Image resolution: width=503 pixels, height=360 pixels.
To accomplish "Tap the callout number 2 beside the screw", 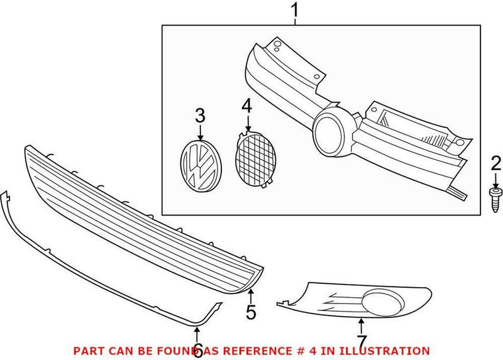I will (496, 165).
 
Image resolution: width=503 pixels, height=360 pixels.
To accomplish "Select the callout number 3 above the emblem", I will (200, 116).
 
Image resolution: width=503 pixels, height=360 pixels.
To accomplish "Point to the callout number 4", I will (246, 106).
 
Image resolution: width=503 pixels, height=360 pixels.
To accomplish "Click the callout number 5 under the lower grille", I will (251, 312).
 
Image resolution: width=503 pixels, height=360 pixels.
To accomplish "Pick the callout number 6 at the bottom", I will (197, 348).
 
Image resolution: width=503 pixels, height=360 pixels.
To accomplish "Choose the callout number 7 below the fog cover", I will (361, 342).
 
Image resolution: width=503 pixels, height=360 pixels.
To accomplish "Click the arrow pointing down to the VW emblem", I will (200, 132).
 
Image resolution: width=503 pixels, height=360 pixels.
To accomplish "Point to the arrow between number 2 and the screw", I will (496, 180).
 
